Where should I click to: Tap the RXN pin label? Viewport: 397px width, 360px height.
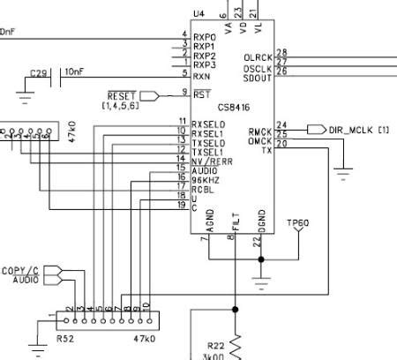click(203, 75)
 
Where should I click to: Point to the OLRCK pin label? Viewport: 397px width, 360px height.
click(258, 57)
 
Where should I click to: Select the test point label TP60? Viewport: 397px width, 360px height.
click(297, 222)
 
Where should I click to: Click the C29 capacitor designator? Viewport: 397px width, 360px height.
click(39, 72)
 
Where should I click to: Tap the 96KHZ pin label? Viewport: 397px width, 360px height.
click(207, 178)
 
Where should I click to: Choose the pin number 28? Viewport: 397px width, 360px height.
click(281, 54)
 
